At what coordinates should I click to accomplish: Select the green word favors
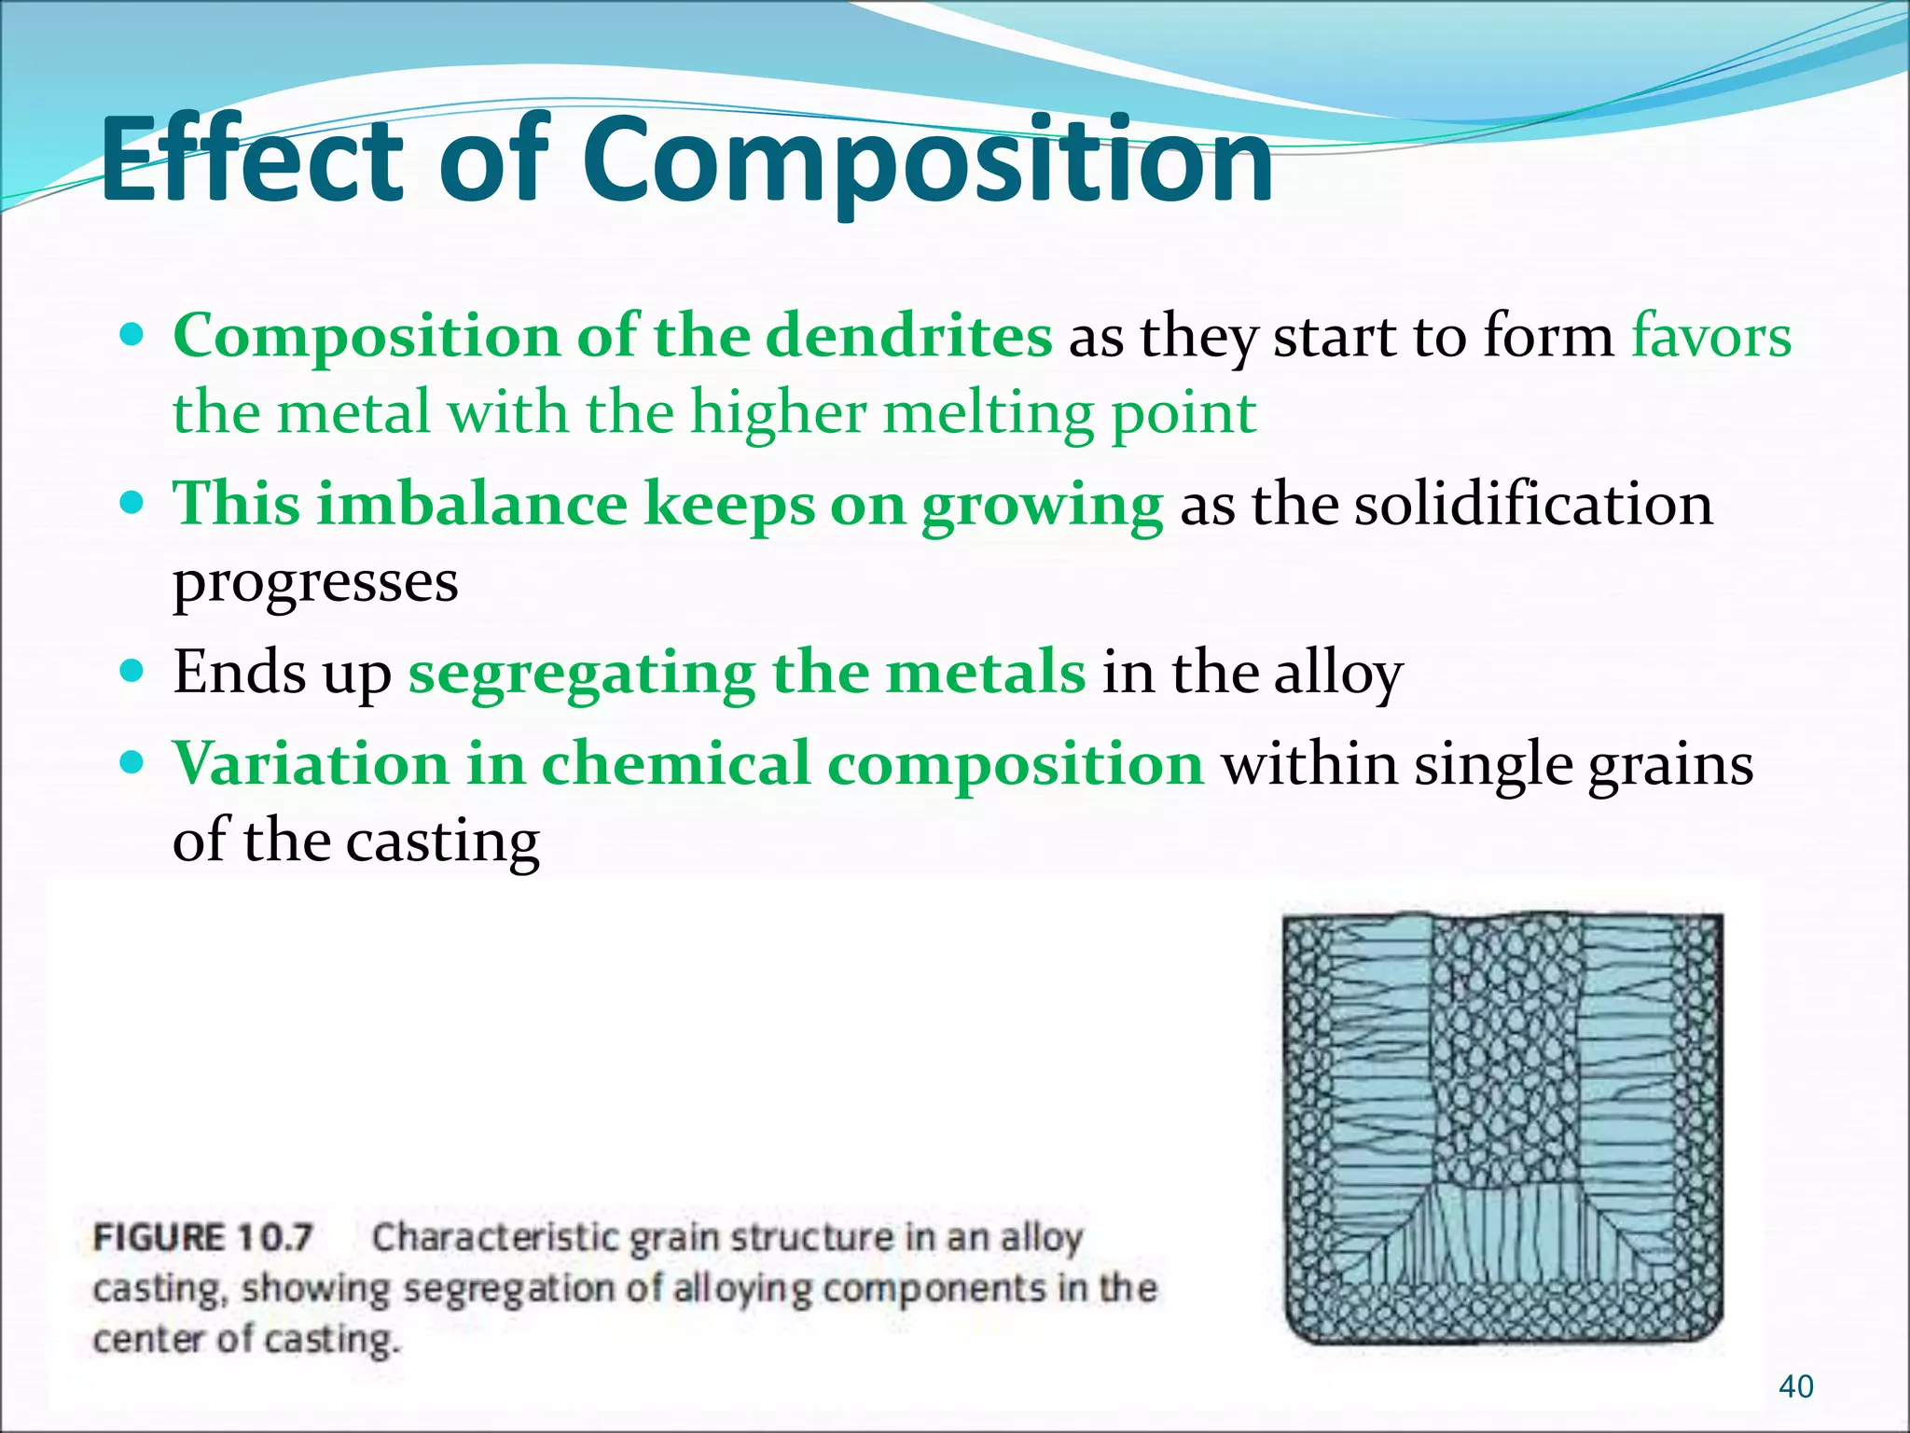[1710, 336]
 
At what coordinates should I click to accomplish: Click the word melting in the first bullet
[988, 413]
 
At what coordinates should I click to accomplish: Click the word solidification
[1532, 504]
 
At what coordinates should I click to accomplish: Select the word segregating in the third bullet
[582, 672]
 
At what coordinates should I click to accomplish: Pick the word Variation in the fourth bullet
[311, 763]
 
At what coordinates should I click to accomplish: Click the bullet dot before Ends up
[133, 670]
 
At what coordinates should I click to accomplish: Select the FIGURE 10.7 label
[202, 1238]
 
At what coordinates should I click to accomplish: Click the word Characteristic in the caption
[494, 1238]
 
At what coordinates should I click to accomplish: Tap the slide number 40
[1795, 1386]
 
